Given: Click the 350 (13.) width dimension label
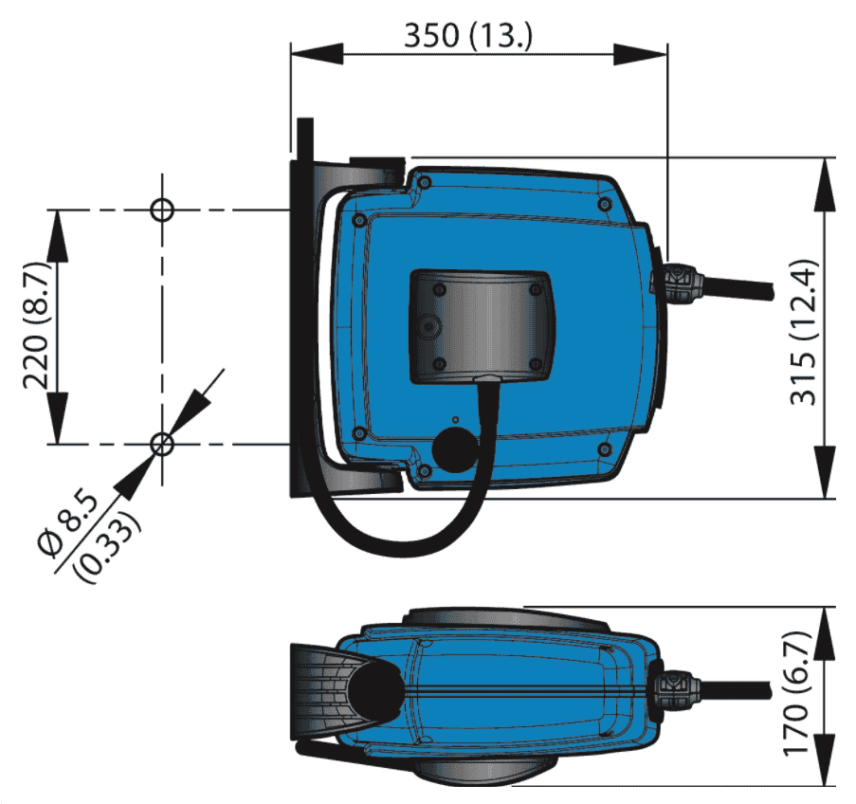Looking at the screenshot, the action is pos(467,35).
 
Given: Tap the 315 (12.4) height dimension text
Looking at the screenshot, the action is pos(804,333).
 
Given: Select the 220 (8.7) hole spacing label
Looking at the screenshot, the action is pos(37,325).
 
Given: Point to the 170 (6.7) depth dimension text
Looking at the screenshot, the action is pos(795,694).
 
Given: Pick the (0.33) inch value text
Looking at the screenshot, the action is pos(109,547).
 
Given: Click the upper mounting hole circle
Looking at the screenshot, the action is pos(162,210).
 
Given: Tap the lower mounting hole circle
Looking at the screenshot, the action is pos(161,445).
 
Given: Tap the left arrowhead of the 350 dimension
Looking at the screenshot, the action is pos(318,55).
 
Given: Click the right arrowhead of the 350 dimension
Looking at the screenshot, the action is pos(641,55).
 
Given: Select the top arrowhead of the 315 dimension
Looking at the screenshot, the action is pos(825,184).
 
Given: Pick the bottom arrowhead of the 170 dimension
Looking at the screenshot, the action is pos(825,759).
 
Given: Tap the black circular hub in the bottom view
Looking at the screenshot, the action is pos(375,688).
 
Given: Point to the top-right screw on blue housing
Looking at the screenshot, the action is pos(603,205).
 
